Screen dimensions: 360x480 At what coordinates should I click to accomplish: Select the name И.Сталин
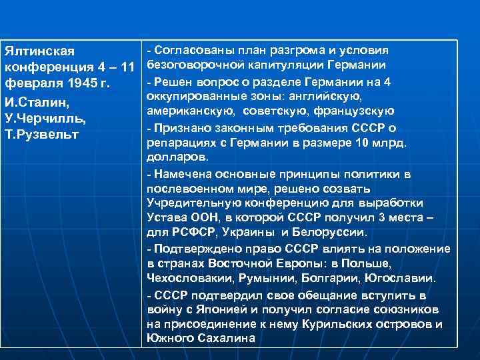33,103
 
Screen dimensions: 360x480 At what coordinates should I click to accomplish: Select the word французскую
350,111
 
